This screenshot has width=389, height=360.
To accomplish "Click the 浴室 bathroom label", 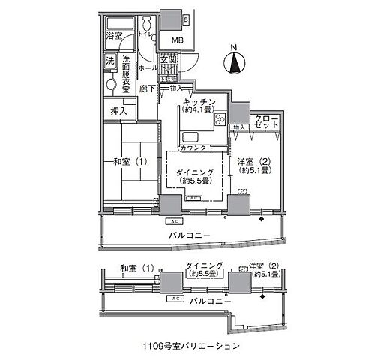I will click(x=114, y=36).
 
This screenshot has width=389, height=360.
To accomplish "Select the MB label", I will click(x=178, y=40).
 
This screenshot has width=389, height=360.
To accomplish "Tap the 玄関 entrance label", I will click(x=168, y=61).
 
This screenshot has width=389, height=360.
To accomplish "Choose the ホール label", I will click(x=148, y=67).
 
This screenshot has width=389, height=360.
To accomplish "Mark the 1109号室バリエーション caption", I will click(x=193, y=346).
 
